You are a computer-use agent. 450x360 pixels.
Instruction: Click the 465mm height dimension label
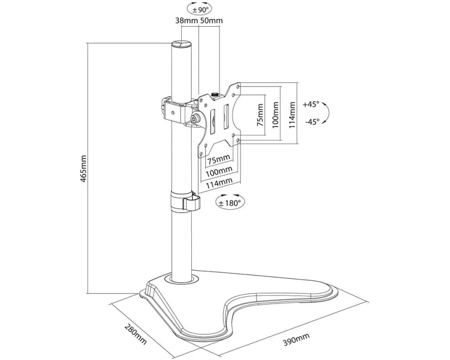pos(83,169)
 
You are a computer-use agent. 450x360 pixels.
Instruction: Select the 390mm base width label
pos(297,340)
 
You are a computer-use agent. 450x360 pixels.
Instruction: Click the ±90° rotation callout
pos(200,9)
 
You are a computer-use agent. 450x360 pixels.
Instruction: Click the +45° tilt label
pos(311,104)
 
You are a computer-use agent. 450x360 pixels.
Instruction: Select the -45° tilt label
pos(312,121)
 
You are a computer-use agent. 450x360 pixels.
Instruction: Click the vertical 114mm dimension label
pos(292,115)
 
